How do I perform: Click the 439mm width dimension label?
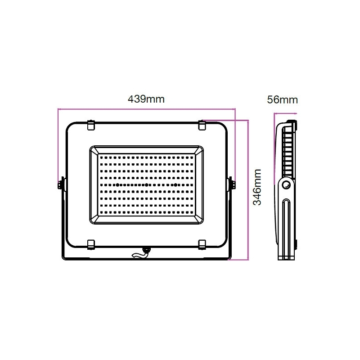(x=146, y=99)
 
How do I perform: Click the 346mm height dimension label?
(x=257, y=187)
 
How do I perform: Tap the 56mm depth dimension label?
(x=283, y=99)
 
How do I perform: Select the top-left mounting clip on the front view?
(x=91, y=125)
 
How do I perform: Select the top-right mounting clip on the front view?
(x=202, y=125)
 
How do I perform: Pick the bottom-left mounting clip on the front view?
(x=91, y=244)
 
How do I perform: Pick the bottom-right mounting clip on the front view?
(x=202, y=244)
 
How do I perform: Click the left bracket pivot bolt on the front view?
(x=61, y=184)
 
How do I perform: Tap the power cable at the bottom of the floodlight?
(x=140, y=253)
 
